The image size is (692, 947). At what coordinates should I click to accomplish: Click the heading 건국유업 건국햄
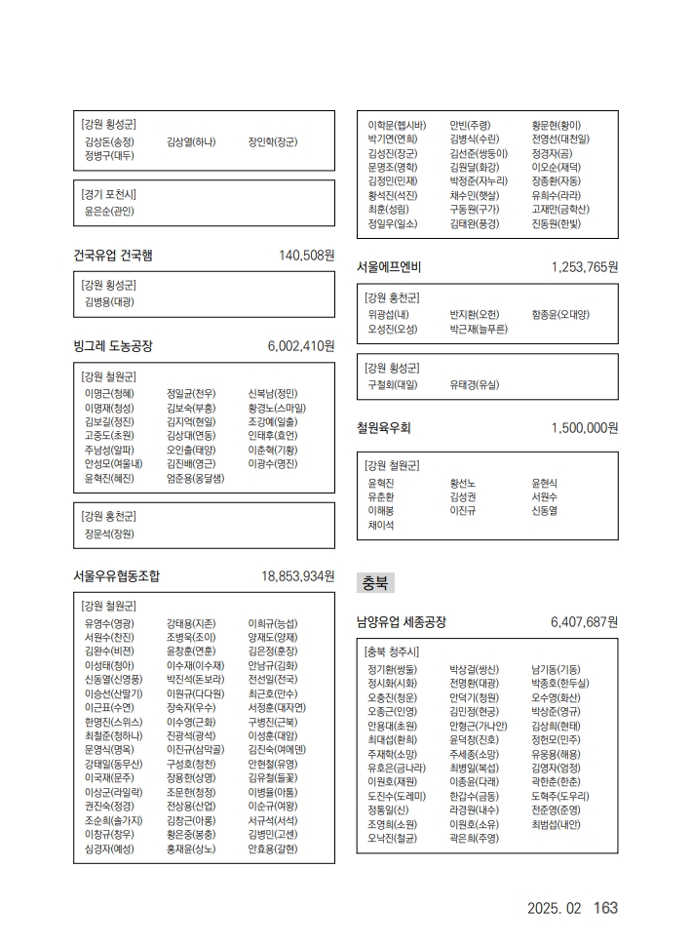(x=113, y=256)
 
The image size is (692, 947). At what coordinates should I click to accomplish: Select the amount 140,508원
(x=306, y=256)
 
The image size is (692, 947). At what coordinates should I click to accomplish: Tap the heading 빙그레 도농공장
(x=113, y=346)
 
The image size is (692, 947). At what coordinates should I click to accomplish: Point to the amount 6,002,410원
(x=300, y=346)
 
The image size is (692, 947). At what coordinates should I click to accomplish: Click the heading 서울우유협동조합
(x=117, y=576)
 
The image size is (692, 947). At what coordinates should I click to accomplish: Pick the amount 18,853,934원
(x=297, y=576)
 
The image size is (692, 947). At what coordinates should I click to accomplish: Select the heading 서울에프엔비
(x=389, y=266)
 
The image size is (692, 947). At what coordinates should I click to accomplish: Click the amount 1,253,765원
(x=584, y=266)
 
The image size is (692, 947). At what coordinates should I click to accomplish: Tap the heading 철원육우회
(x=384, y=428)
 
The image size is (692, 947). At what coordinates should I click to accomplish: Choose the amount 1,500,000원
(x=584, y=428)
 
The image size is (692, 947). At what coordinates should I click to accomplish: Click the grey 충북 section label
(x=375, y=583)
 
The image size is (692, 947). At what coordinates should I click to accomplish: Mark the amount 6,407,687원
(x=584, y=621)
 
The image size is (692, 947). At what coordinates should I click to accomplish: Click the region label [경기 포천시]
(x=109, y=193)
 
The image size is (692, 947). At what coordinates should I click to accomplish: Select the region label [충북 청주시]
(x=392, y=651)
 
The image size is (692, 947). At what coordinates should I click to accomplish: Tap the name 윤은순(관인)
(x=109, y=211)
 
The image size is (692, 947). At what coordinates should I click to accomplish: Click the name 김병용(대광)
(x=109, y=302)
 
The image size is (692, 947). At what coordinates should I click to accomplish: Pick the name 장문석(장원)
(x=109, y=533)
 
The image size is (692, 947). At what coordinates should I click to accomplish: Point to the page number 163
(x=605, y=908)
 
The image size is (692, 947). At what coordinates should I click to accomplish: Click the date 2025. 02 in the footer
(x=554, y=909)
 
